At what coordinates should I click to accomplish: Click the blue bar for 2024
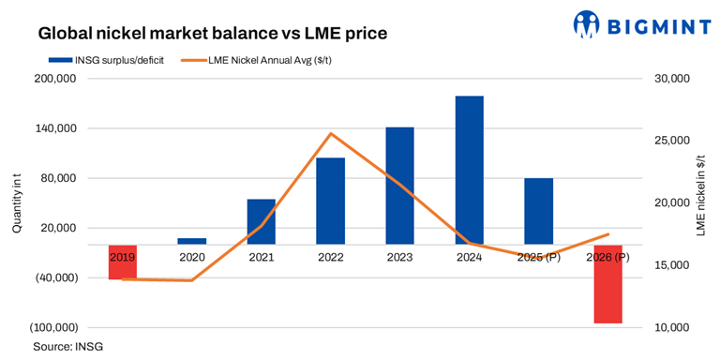(x=469, y=170)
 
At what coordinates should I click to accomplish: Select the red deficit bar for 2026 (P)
(x=607, y=284)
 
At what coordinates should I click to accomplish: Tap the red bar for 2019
(x=122, y=262)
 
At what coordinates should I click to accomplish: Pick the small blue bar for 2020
(x=191, y=241)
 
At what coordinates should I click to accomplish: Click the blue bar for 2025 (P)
(x=538, y=211)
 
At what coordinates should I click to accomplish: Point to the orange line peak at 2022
(x=330, y=133)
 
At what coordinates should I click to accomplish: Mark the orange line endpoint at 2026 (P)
(x=607, y=234)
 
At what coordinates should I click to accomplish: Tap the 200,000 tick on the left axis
(x=53, y=79)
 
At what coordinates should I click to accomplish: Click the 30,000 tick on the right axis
(x=670, y=79)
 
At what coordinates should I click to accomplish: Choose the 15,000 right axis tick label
(x=670, y=265)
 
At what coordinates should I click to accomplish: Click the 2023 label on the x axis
(x=399, y=257)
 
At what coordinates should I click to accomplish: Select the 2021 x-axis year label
(x=261, y=257)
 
